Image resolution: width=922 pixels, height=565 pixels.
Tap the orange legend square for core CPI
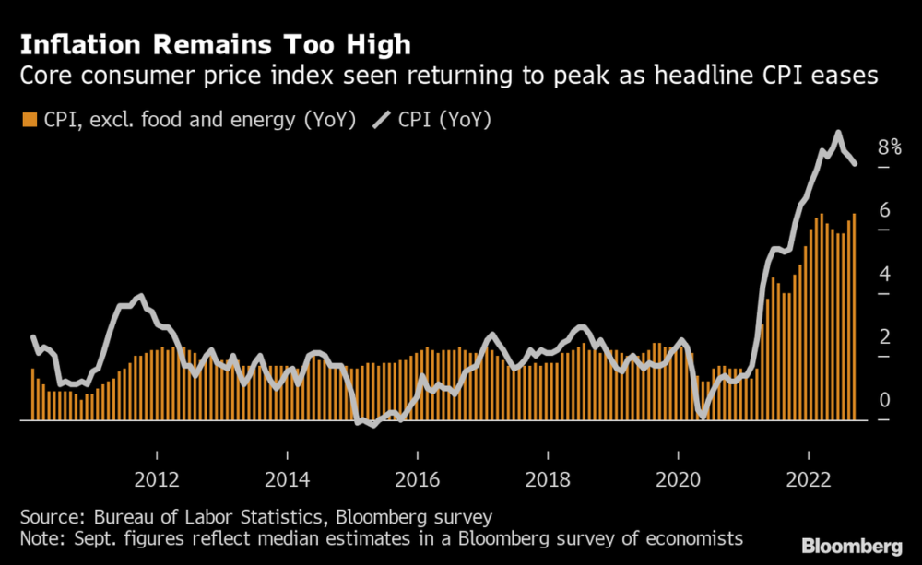[30, 120]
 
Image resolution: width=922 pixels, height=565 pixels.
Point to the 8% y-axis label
[889, 147]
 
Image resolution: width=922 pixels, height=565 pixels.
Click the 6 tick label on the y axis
[884, 210]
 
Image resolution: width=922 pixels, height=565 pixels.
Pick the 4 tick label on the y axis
[884, 274]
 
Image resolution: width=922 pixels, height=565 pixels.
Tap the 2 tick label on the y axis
[884, 336]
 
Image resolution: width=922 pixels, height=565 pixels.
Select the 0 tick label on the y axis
[884, 400]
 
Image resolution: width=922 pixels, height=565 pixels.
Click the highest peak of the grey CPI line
[838, 134]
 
